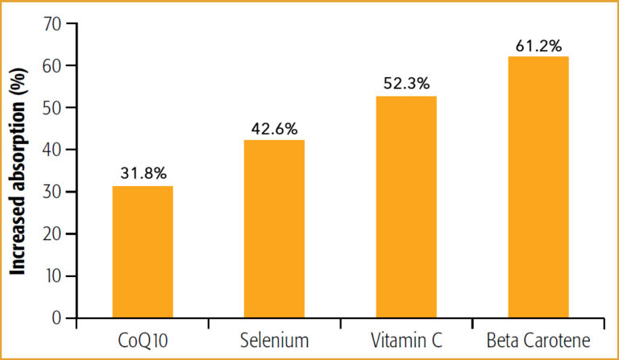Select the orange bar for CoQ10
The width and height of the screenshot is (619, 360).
[142, 252]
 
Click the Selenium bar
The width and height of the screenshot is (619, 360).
[274, 230]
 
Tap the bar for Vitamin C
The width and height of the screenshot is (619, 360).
[405, 207]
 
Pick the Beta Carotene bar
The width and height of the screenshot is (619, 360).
[538, 187]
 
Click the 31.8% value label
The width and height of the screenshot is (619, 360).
[142, 172]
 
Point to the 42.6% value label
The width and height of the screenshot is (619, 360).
[274, 127]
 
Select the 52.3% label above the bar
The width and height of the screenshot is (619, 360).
[405, 83]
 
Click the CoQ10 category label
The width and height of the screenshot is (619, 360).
[142, 341]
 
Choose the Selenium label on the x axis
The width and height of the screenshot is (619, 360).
[274, 341]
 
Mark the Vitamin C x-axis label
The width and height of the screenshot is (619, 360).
[405, 341]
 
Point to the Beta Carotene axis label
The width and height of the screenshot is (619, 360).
[538, 341]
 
